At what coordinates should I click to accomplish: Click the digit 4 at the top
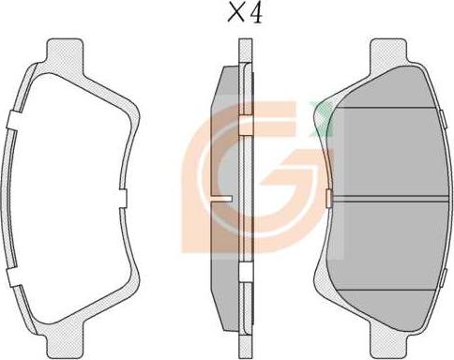tap(256, 14)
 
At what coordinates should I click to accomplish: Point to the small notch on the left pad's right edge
tap(123, 198)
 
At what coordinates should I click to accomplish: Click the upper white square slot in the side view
tap(246, 126)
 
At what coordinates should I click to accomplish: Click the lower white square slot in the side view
tap(246, 272)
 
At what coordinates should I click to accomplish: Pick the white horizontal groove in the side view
tap(222, 199)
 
